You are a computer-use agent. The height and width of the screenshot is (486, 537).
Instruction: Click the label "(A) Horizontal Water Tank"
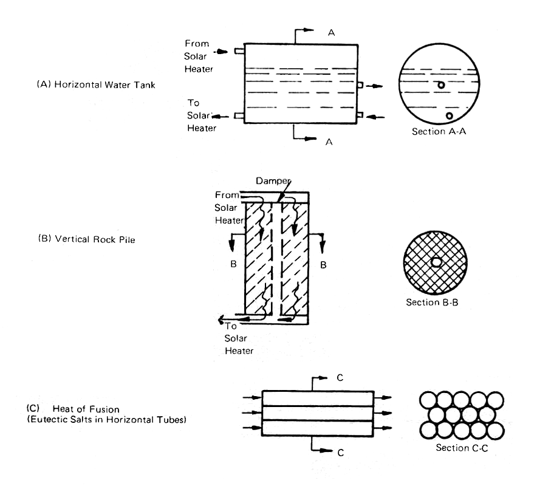(96, 85)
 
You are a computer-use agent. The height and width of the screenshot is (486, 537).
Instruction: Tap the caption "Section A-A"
(438, 132)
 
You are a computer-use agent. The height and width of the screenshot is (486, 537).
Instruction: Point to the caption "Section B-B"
(433, 302)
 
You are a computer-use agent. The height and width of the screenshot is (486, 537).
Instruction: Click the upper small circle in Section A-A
(441, 85)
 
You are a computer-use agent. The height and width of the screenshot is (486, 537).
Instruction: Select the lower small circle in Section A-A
(450, 115)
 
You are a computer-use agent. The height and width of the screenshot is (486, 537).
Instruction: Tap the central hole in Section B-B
(436, 262)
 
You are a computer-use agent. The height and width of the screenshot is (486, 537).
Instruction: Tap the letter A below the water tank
(330, 142)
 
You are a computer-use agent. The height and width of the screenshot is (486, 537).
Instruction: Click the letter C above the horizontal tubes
(340, 377)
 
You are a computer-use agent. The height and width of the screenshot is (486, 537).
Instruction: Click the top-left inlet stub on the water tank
(239, 52)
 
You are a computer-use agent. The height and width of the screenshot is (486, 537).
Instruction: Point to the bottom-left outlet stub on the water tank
(239, 115)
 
